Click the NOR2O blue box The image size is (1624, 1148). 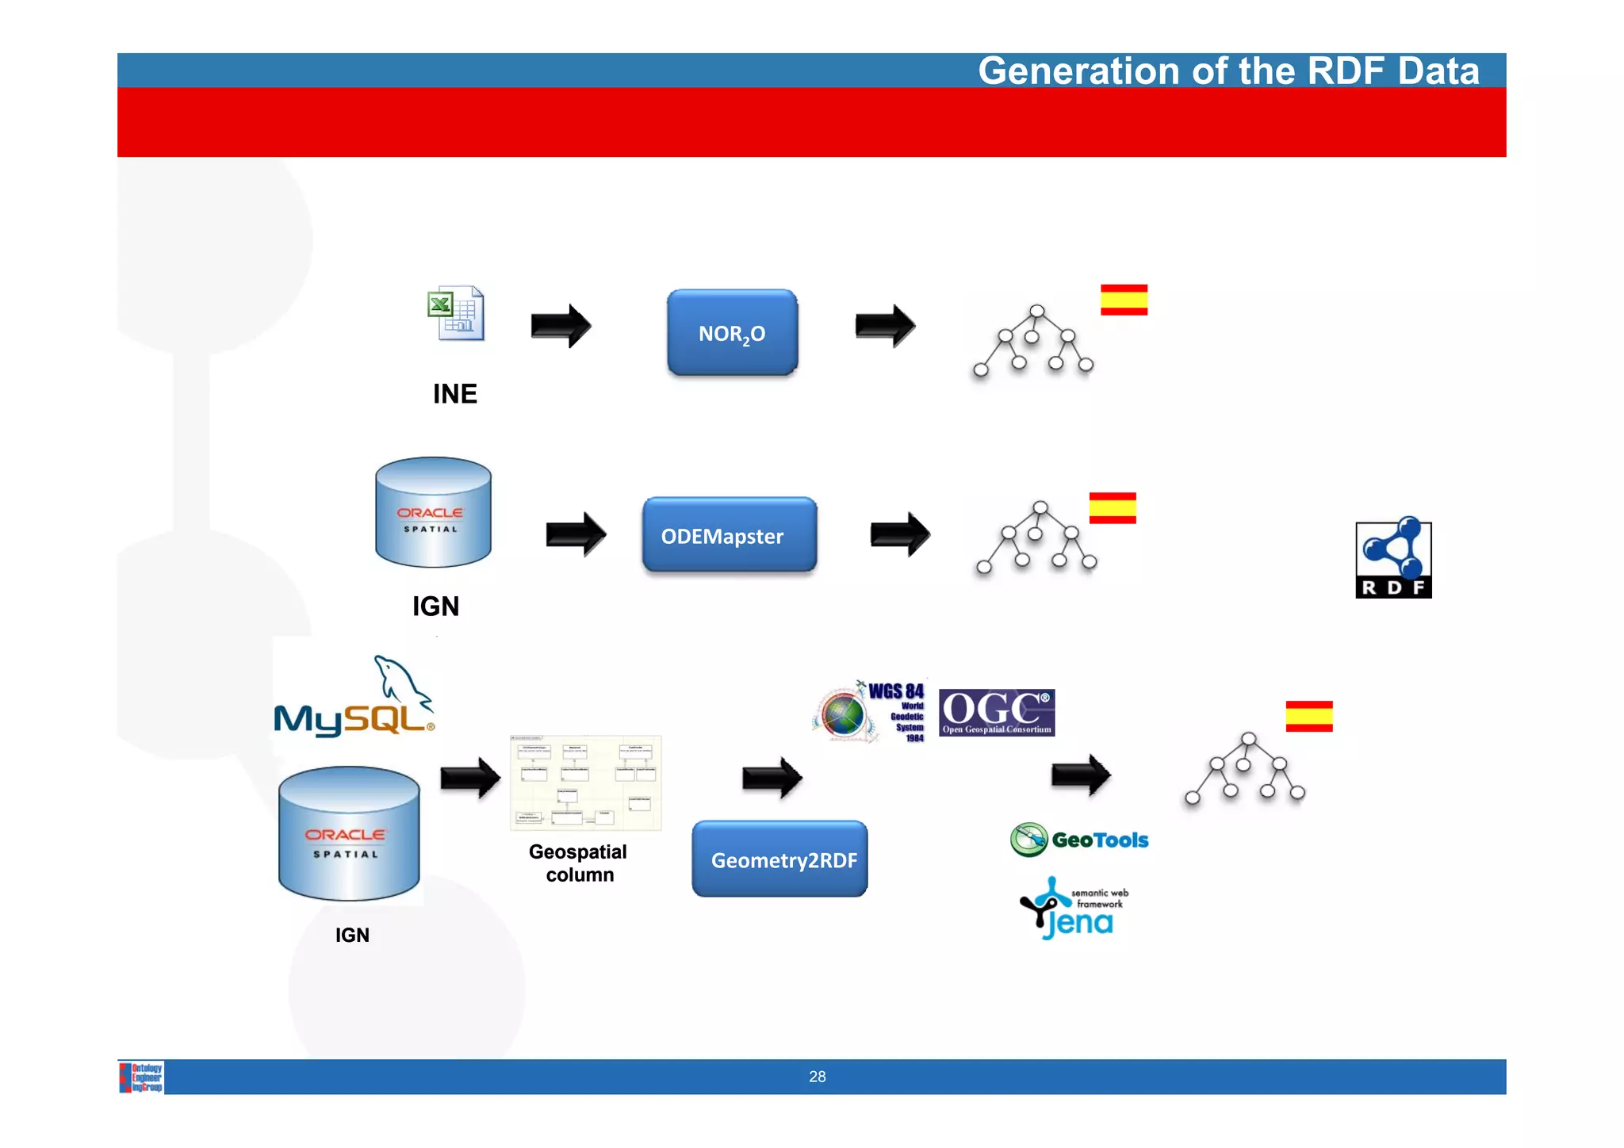(732, 333)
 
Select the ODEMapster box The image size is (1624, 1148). (729, 535)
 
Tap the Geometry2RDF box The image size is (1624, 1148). (779, 859)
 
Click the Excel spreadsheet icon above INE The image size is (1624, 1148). (456, 314)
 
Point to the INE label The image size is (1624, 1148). (454, 394)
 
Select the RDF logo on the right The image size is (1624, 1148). (1393, 560)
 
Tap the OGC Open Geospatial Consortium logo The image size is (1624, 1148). (997, 712)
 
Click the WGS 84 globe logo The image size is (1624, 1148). (869, 712)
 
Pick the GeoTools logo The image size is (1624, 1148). (1079, 840)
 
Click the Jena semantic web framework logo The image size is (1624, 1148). (1073, 909)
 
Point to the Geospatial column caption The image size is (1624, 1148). (579, 863)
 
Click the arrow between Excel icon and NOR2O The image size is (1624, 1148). (561, 326)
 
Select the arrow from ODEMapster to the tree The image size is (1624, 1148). (900, 534)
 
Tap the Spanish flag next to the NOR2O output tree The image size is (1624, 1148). (1124, 300)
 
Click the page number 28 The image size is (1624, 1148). (817, 1077)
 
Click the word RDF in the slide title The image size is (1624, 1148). (1346, 71)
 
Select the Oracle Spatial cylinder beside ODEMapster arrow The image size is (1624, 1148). (433, 513)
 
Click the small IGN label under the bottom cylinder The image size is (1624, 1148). (352, 936)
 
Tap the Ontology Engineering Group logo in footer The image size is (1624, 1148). (142, 1077)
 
